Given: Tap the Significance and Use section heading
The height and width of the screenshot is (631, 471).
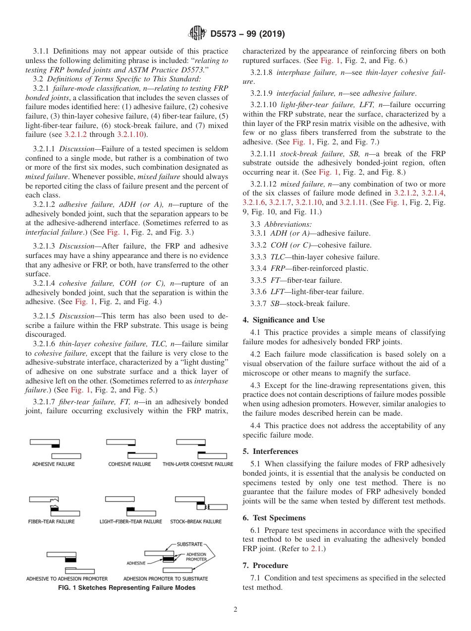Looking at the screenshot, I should point(284,320).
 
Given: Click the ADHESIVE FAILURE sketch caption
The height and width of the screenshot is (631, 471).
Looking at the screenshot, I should point(54,464).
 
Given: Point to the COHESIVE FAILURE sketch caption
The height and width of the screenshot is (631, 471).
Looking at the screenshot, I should point(129,464).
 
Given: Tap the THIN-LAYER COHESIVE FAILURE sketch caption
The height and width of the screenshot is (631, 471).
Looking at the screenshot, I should point(197,464).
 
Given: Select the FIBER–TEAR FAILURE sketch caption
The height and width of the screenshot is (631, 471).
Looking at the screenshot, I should point(51,521).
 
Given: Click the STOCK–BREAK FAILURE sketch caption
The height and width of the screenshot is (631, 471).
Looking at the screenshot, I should point(196,521).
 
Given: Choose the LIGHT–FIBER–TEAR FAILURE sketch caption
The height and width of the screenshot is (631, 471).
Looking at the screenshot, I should point(131,521).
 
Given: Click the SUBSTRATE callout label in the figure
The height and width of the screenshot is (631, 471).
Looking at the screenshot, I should point(189,544).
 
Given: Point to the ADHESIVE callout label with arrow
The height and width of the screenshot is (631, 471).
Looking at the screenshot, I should point(136,563).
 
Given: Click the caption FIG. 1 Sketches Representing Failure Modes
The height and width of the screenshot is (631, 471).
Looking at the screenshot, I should point(127,588).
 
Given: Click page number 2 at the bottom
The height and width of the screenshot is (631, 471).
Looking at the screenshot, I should point(235,610).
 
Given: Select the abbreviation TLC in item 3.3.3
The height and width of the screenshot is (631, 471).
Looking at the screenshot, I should point(278,257).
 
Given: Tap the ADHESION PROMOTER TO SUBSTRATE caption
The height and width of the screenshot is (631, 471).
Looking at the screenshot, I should point(166,578).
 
